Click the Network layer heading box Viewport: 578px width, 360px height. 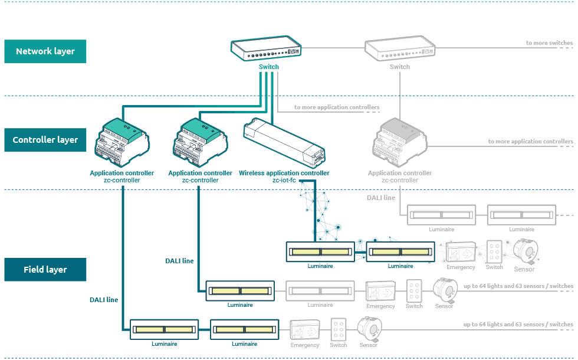pyautogui.click(x=45, y=51)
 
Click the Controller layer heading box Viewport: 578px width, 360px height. pyautogui.click(x=45, y=140)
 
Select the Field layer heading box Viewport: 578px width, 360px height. pyautogui.click(x=45, y=270)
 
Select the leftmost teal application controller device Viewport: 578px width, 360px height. pyautogui.click(x=122, y=142)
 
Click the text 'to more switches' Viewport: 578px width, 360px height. pyautogui.click(x=549, y=43)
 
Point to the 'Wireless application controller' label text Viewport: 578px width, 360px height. pyautogui.click(x=284, y=173)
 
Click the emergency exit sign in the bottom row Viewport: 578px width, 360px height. pyautogui.click(x=305, y=329)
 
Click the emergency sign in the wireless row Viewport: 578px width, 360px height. pyautogui.click(x=461, y=252)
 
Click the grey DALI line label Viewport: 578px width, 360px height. pyautogui.click(x=381, y=198)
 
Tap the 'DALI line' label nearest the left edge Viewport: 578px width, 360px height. pyautogui.click(x=104, y=300)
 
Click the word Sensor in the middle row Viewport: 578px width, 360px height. pyautogui.click(x=444, y=306)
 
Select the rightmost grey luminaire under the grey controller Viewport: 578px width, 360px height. pyautogui.click(x=522, y=215)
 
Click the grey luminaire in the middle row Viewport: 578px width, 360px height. pyautogui.click(x=320, y=290)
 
